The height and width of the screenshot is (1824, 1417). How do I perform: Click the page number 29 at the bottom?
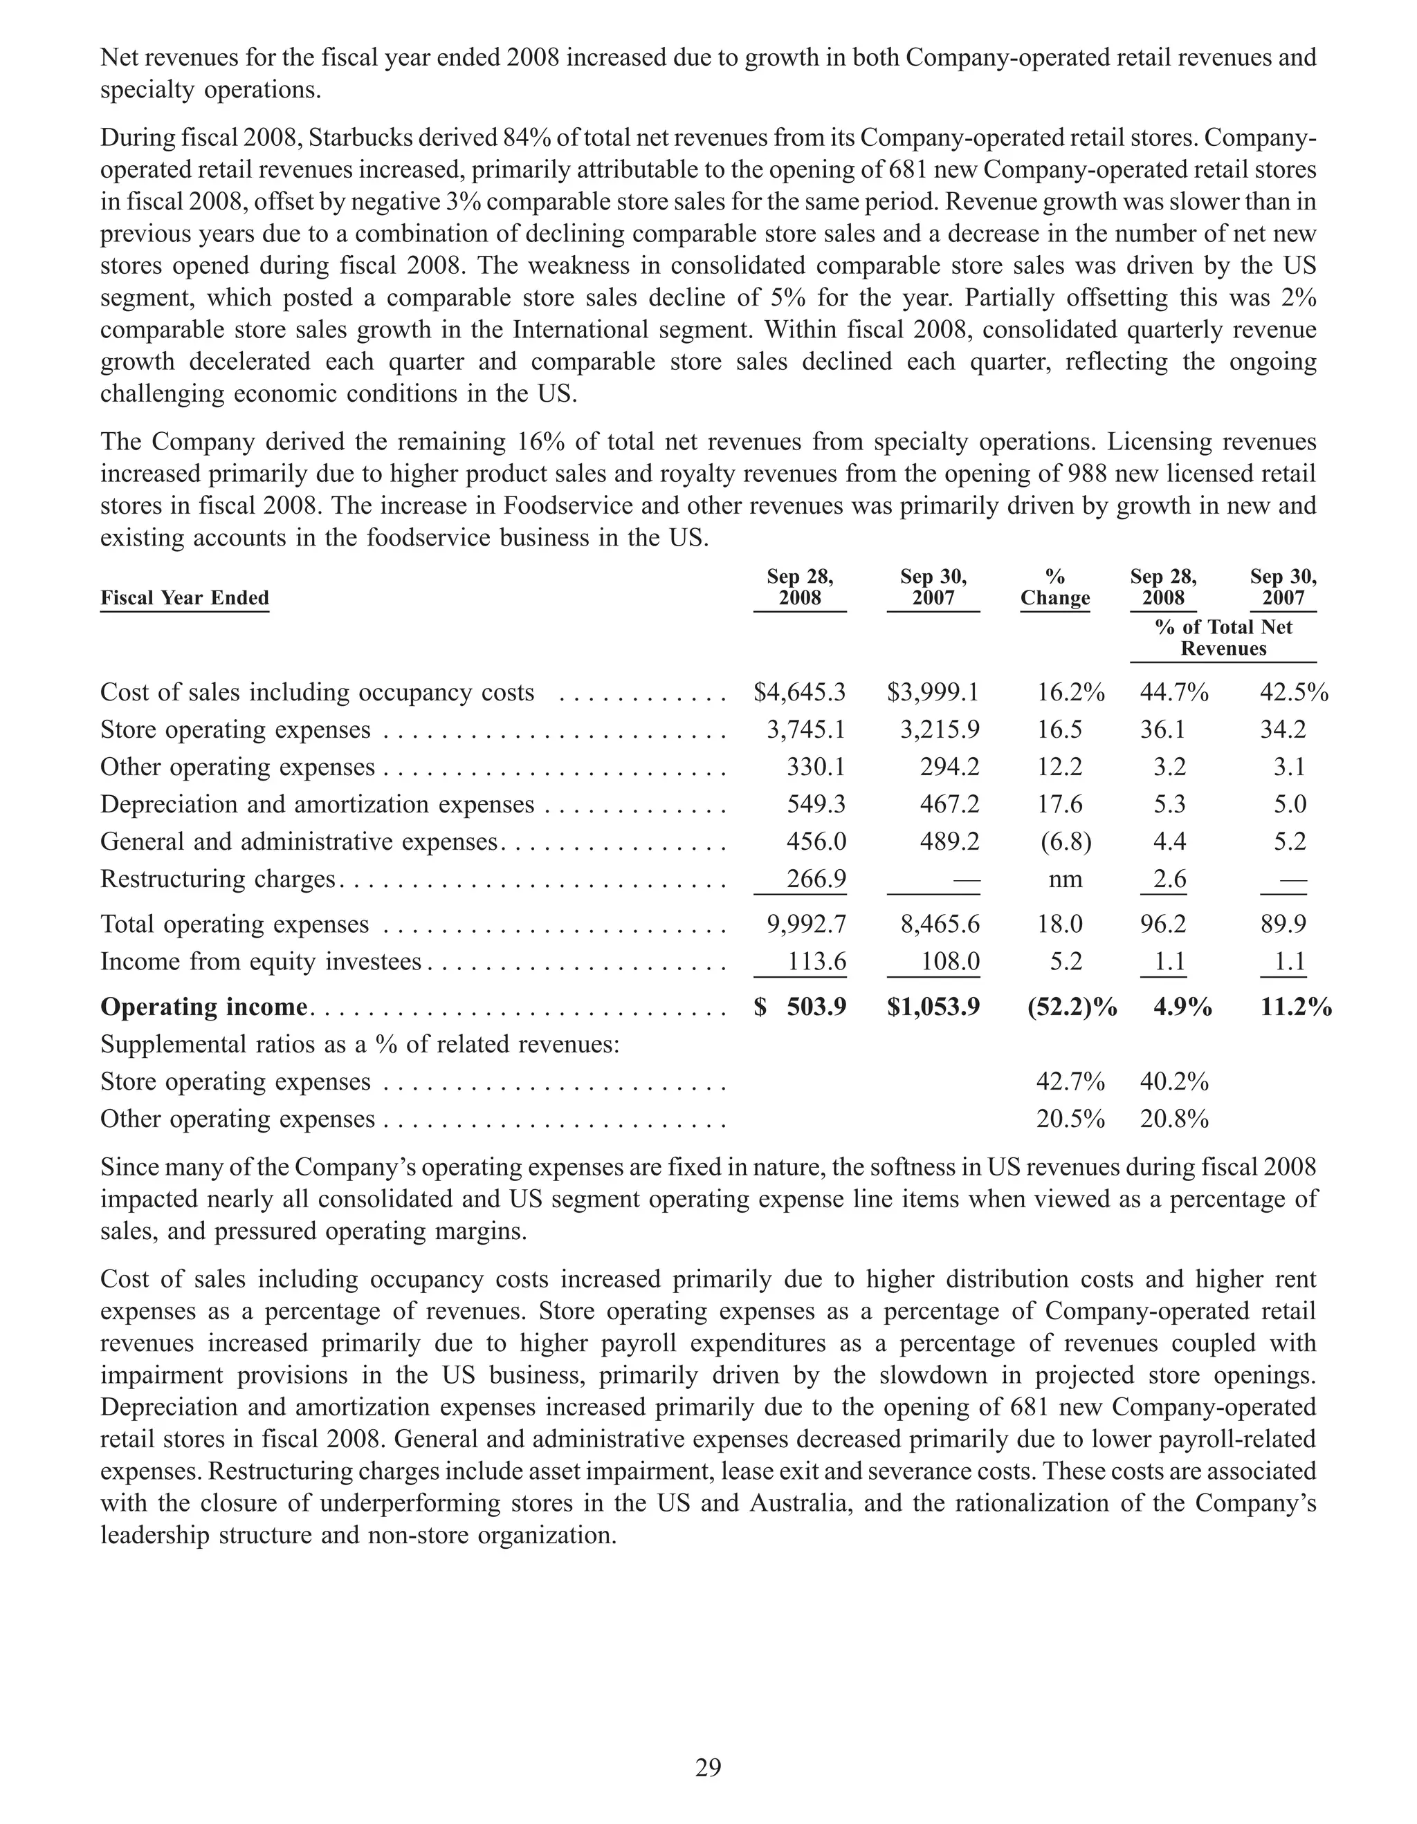[708, 1767]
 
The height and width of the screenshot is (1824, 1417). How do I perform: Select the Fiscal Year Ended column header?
[185, 598]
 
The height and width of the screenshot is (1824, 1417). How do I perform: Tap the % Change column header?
[1055, 587]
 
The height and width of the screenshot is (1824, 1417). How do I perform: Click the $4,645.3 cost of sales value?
[800, 692]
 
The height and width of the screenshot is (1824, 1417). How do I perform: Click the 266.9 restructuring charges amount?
[816, 879]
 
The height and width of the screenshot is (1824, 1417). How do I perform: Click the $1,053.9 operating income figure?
[933, 1007]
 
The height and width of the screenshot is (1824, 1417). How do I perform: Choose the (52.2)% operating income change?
[1072, 1007]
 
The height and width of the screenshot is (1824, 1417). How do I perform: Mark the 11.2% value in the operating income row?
[1296, 1007]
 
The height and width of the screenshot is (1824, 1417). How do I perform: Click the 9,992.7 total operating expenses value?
[806, 924]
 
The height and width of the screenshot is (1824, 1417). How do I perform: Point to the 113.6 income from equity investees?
[816, 961]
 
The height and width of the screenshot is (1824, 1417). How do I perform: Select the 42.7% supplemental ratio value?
[1070, 1081]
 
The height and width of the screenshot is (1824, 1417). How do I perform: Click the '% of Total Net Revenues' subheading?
[1223, 638]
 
